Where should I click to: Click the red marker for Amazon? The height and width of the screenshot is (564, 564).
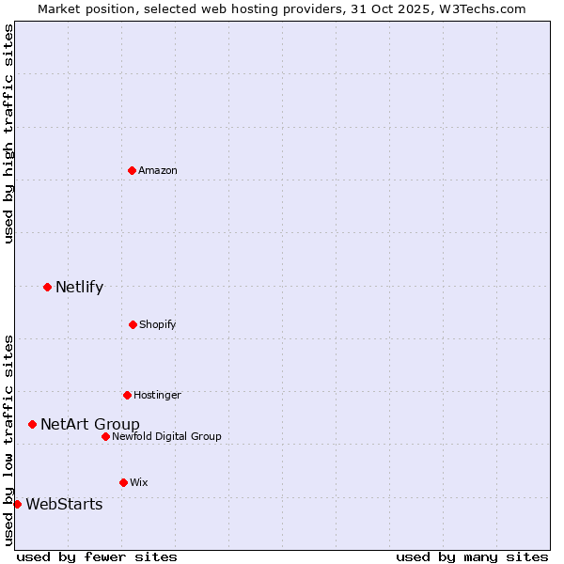coord(133,170)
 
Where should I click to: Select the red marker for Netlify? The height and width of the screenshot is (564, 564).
coord(47,287)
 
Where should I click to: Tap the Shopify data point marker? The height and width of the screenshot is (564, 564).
coord(133,324)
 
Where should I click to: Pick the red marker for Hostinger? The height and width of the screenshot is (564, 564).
coord(127,395)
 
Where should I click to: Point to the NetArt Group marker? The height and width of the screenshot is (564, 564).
coord(32,424)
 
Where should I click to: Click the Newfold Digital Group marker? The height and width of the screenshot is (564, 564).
coord(105,436)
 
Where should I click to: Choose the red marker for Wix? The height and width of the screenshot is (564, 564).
coord(123,482)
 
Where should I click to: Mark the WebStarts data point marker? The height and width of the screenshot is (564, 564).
coord(17,504)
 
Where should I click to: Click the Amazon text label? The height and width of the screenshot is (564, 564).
coord(158,170)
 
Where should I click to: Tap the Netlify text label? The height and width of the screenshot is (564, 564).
coord(79,287)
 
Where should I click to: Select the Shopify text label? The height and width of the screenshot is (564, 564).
coord(158,324)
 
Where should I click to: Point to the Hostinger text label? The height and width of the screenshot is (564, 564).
coord(157,395)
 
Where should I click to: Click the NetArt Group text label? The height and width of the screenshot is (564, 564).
coord(89,424)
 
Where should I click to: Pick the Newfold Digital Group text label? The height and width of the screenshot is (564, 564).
coord(166,436)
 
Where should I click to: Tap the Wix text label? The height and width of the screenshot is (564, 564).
coord(139,482)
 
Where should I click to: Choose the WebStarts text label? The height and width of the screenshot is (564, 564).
coord(64,504)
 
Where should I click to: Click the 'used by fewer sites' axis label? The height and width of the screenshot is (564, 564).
coord(97,556)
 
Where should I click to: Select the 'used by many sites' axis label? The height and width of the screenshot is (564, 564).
coord(472,556)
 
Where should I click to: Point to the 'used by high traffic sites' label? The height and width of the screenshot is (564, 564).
coord(8,133)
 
